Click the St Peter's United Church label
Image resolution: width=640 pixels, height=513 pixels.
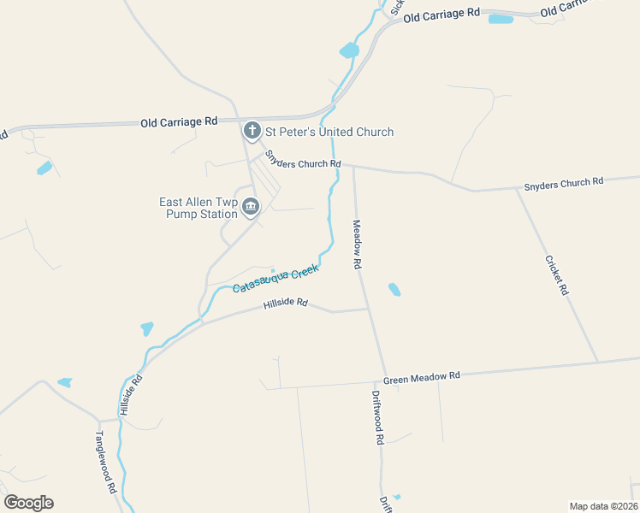click(329, 132)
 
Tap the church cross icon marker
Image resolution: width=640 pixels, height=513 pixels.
click(252, 131)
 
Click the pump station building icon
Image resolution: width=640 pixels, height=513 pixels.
click(251, 207)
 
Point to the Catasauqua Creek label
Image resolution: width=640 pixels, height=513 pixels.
click(276, 279)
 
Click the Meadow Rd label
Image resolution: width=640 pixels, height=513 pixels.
click(357, 245)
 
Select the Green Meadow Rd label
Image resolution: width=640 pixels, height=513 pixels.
click(421, 377)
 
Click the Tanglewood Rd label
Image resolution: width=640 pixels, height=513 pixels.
click(105, 462)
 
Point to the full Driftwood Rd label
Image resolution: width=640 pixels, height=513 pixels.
click(377, 417)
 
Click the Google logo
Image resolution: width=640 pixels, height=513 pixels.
click(28, 503)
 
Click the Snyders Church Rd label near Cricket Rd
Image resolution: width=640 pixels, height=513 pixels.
click(563, 181)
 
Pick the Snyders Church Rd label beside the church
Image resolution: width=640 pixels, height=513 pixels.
click(303, 161)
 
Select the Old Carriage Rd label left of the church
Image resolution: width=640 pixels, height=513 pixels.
click(179, 122)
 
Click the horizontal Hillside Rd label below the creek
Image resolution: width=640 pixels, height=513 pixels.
click(285, 304)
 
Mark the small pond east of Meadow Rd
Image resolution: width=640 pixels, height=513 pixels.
click(394, 290)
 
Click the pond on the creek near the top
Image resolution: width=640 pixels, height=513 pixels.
click(349, 51)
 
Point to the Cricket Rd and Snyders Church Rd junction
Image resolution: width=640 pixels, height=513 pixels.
click(516, 189)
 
